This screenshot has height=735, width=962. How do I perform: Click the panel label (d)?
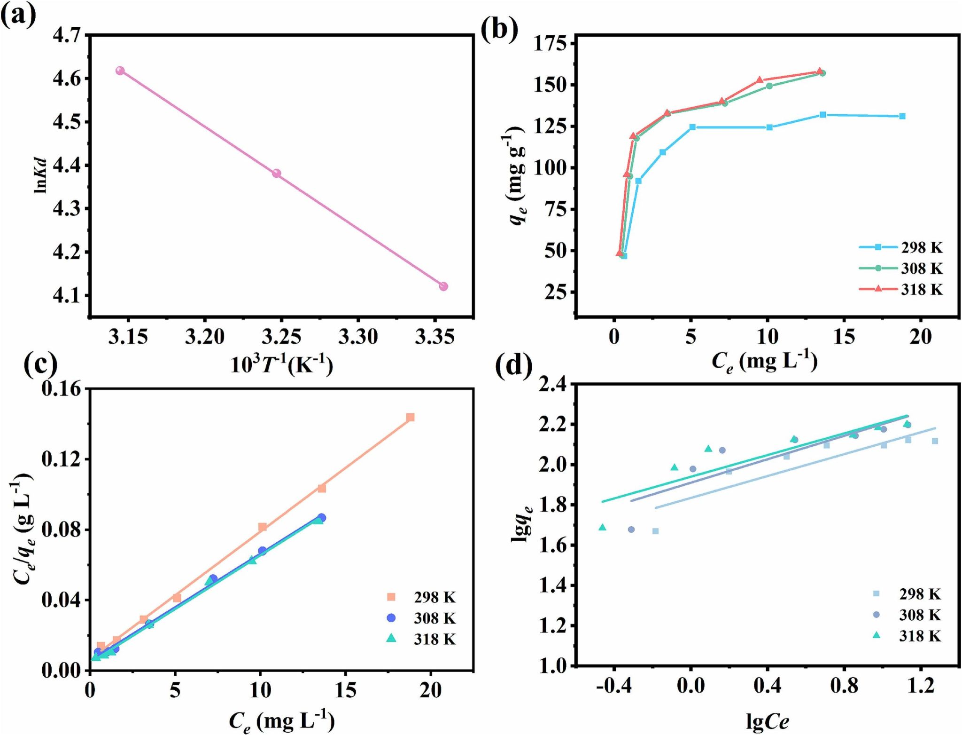point(514,365)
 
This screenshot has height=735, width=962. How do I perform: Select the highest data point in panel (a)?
point(120,71)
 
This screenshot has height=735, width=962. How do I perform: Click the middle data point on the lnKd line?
point(277,174)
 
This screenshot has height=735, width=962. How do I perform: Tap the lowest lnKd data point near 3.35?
point(443,286)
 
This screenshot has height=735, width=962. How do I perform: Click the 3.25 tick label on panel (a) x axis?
point(281,337)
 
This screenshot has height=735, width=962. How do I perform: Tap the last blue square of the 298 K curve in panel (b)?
point(902,116)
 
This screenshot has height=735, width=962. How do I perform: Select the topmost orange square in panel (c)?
point(411,417)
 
